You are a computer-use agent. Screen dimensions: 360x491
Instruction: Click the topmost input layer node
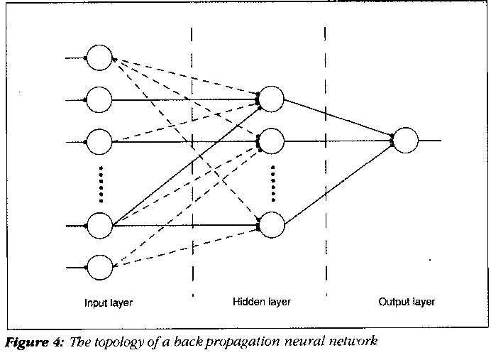(x=99, y=58)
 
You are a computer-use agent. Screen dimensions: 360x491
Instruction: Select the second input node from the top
(x=99, y=99)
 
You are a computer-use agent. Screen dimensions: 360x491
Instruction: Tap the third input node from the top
(x=99, y=142)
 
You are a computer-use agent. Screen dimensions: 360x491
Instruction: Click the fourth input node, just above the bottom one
(x=99, y=226)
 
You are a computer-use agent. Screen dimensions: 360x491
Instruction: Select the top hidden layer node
(x=272, y=99)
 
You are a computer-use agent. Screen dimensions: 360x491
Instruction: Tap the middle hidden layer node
(x=272, y=141)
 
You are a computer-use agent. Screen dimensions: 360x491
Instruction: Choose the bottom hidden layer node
(x=272, y=225)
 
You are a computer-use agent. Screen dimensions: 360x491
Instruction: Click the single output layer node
(x=406, y=141)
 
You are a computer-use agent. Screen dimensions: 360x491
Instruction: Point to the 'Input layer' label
(x=109, y=302)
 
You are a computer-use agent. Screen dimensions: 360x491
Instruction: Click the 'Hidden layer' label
(x=262, y=301)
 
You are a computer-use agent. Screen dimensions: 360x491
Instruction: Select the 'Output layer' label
(x=407, y=302)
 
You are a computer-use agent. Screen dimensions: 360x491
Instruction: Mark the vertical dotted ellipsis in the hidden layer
(x=272, y=182)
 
